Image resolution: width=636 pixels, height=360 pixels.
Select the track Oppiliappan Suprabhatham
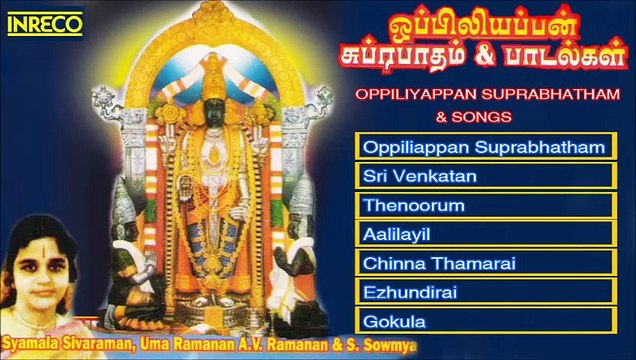click(x=484, y=147)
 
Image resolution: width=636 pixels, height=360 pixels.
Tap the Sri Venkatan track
click(x=484, y=176)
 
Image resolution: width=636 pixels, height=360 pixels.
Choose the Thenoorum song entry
click(x=484, y=205)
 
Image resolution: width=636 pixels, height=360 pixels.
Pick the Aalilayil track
click(x=484, y=234)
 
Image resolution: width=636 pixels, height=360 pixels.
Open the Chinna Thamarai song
click(x=484, y=263)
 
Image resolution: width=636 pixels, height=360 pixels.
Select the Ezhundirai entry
click(x=484, y=292)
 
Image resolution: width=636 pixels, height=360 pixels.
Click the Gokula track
click(x=484, y=321)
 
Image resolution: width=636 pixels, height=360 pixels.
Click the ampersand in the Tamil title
click(x=499, y=55)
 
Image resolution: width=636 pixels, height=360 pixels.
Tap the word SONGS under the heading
click(x=493, y=116)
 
